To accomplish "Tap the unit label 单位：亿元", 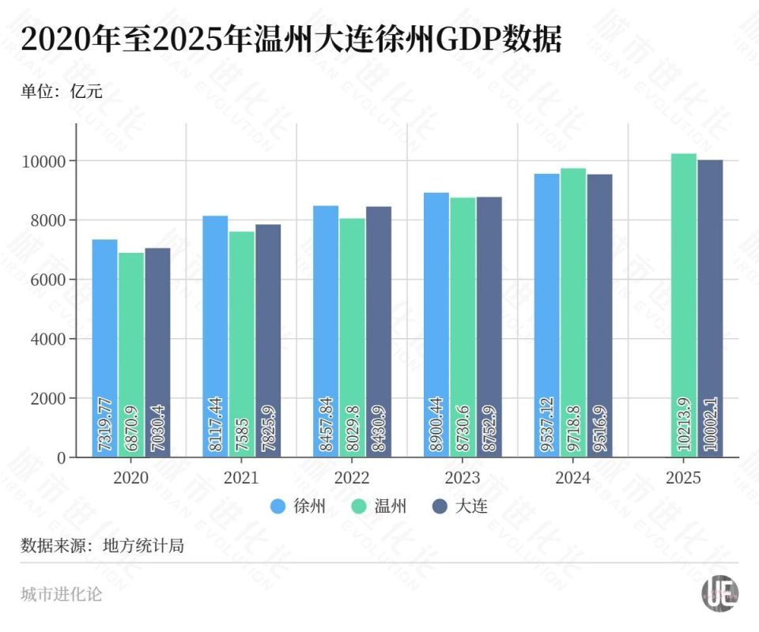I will (x=62, y=91).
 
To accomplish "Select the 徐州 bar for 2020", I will (x=104, y=348).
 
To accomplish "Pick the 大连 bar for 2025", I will (x=710, y=308).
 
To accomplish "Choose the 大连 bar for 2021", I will (x=268, y=340).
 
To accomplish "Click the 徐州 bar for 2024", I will (x=546, y=315).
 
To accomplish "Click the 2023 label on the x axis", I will (x=462, y=477).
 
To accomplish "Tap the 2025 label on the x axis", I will (x=683, y=477).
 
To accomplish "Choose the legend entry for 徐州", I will (x=297, y=506).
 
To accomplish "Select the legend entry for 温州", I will (x=379, y=506).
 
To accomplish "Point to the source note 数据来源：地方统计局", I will (x=102, y=545).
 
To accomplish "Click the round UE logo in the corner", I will (x=719, y=593).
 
